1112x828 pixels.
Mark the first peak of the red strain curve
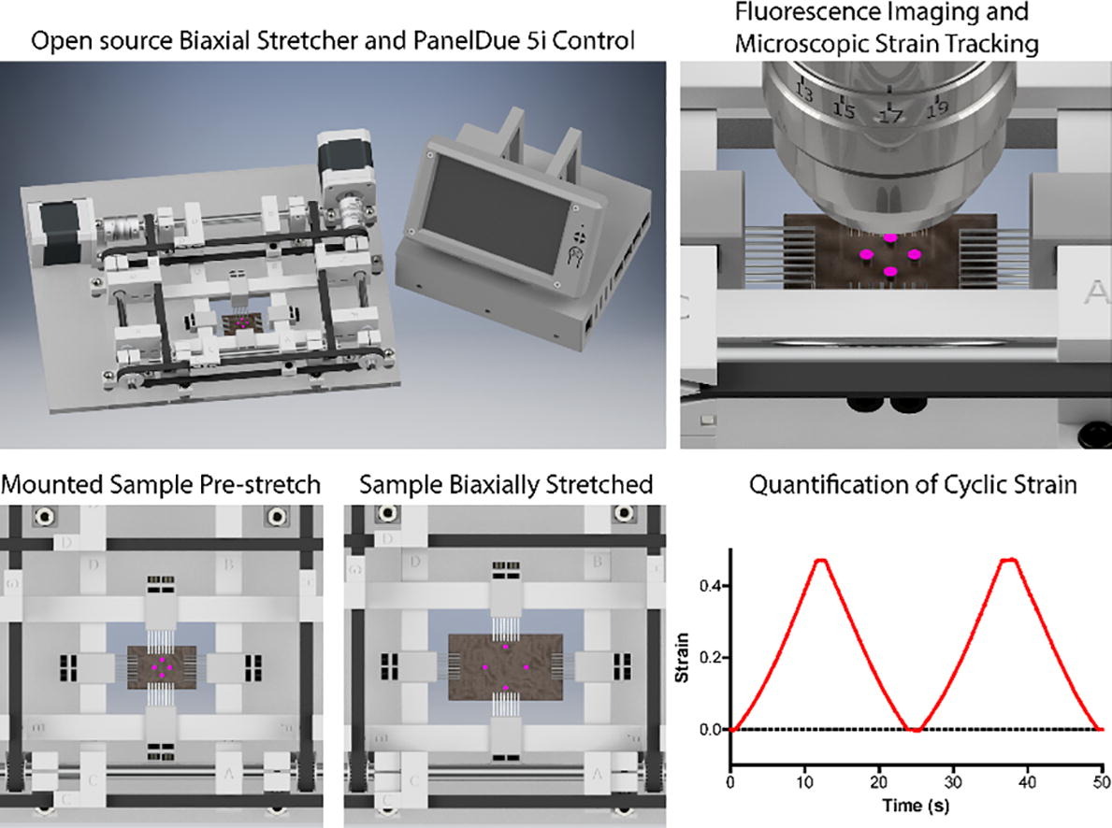coord(821,561)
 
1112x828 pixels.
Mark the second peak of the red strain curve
coord(1007,561)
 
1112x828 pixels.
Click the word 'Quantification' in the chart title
coord(811,485)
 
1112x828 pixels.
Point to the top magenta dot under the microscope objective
coord(890,238)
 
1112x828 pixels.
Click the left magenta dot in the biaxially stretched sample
coord(485,667)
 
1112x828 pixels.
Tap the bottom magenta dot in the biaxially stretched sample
coord(506,688)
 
